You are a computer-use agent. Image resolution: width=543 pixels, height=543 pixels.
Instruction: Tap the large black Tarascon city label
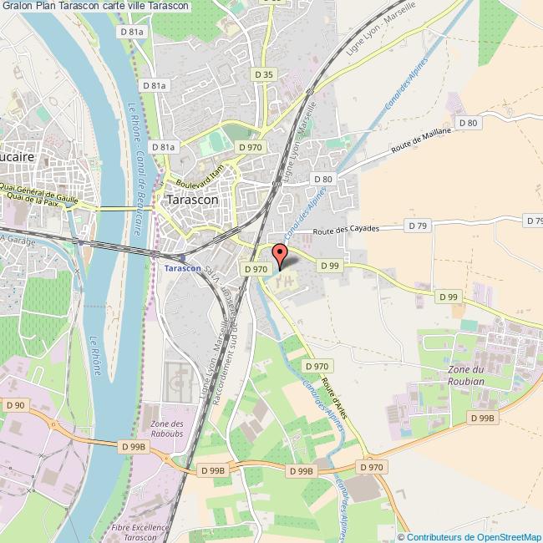click(193, 200)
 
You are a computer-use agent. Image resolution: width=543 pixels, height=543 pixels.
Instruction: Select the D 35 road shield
click(261, 74)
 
